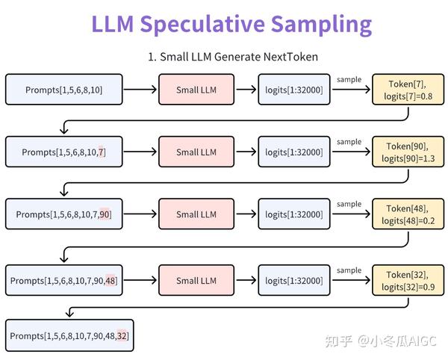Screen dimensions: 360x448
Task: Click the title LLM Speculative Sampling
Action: [x=231, y=24]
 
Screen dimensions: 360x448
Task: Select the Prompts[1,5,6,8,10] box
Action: [x=63, y=90]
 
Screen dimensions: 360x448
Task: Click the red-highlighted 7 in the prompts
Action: [x=102, y=152]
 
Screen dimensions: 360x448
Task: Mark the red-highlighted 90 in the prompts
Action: [x=105, y=214]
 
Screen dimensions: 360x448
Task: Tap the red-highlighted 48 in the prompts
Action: [x=111, y=281]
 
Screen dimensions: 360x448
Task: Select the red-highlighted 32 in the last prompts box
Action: [x=122, y=336]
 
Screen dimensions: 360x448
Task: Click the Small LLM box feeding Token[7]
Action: [x=197, y=90]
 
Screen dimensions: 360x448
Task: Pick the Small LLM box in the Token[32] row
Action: [x=197, y=281]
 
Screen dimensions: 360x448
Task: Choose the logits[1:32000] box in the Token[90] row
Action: [x=293, y=152]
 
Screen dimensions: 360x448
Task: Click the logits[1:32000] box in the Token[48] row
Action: [x=293, y=214]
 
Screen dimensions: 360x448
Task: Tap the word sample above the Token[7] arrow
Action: [x=349, y=80]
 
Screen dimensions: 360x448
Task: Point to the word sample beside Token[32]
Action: [x=349, y=270]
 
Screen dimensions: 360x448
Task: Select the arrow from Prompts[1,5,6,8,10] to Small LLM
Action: [x=140, y=90]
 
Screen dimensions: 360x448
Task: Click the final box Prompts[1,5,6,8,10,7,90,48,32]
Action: [x=69, y=336]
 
